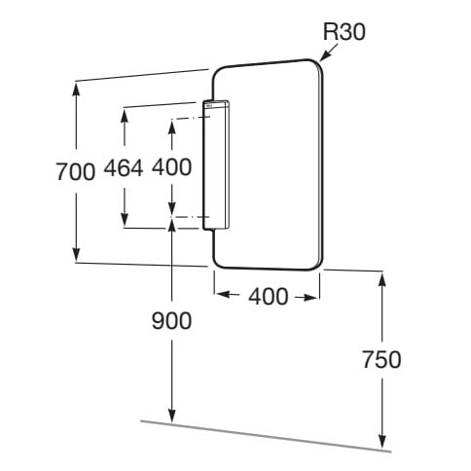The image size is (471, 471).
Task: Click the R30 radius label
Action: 344,32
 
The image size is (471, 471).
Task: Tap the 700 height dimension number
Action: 76,171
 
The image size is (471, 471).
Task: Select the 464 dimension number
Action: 124,167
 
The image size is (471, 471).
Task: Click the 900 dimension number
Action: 171,320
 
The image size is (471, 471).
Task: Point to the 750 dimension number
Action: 381,359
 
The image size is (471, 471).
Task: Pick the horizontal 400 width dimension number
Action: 269,296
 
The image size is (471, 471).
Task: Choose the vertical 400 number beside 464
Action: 171,167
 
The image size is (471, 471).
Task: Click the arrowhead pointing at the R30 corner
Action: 324,57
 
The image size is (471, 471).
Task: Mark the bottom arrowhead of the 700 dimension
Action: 76,254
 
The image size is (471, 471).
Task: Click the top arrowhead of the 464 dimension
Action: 125,115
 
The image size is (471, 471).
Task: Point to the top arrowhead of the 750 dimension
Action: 382,279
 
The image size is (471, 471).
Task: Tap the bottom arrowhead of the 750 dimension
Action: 382,442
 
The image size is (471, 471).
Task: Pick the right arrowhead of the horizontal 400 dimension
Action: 309,297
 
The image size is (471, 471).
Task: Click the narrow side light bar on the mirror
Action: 216,165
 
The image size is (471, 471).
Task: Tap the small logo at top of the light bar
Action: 208,105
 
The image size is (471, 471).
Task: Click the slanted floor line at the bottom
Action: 266,436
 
